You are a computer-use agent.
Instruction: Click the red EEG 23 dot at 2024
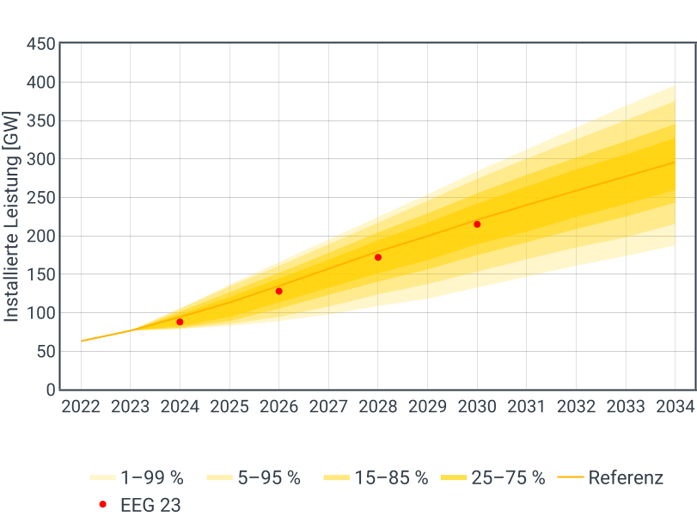point(180,322)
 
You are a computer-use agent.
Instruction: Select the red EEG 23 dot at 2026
point(279,292)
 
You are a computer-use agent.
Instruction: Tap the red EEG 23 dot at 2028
point(378,257)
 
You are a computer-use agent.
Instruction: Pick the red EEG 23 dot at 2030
point(478,225)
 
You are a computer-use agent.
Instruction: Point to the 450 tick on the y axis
point(40,44)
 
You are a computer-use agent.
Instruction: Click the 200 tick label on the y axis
point(40,236)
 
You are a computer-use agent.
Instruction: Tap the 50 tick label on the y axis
point(45,351)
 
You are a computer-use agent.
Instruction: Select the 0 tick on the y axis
point(50,390)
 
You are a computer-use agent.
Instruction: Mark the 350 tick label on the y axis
point(40,120)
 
